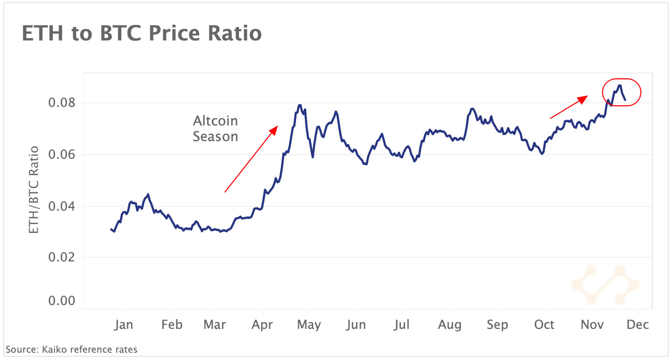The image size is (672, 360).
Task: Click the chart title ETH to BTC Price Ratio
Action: point(142,34)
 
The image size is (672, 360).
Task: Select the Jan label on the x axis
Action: point(123,325)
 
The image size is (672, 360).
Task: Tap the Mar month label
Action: point(215,325)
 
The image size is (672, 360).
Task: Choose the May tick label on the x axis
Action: point(310,325)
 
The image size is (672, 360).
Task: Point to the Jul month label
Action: point(401,325)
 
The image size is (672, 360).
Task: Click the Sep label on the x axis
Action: point(497,325)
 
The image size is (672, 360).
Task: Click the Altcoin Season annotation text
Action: point(215,129)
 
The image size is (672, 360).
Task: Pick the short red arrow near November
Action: point(569,107)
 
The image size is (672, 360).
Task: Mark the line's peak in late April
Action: point(300,105)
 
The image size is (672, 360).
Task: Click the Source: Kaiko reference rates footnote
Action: point(72,350)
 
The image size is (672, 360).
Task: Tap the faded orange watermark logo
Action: point(605,284)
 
